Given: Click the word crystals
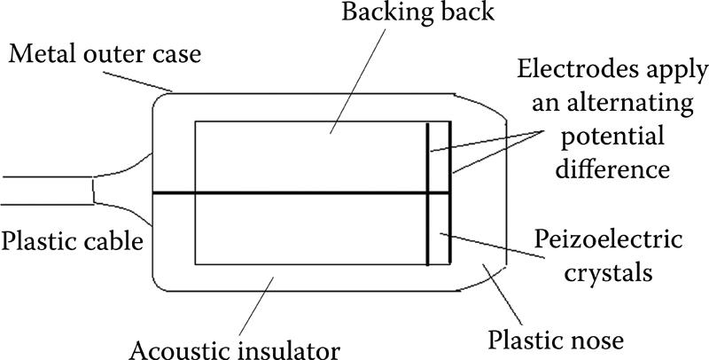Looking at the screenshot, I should point(612,271).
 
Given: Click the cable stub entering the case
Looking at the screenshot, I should point(44,191).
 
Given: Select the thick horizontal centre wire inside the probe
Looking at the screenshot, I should point(292,192).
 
